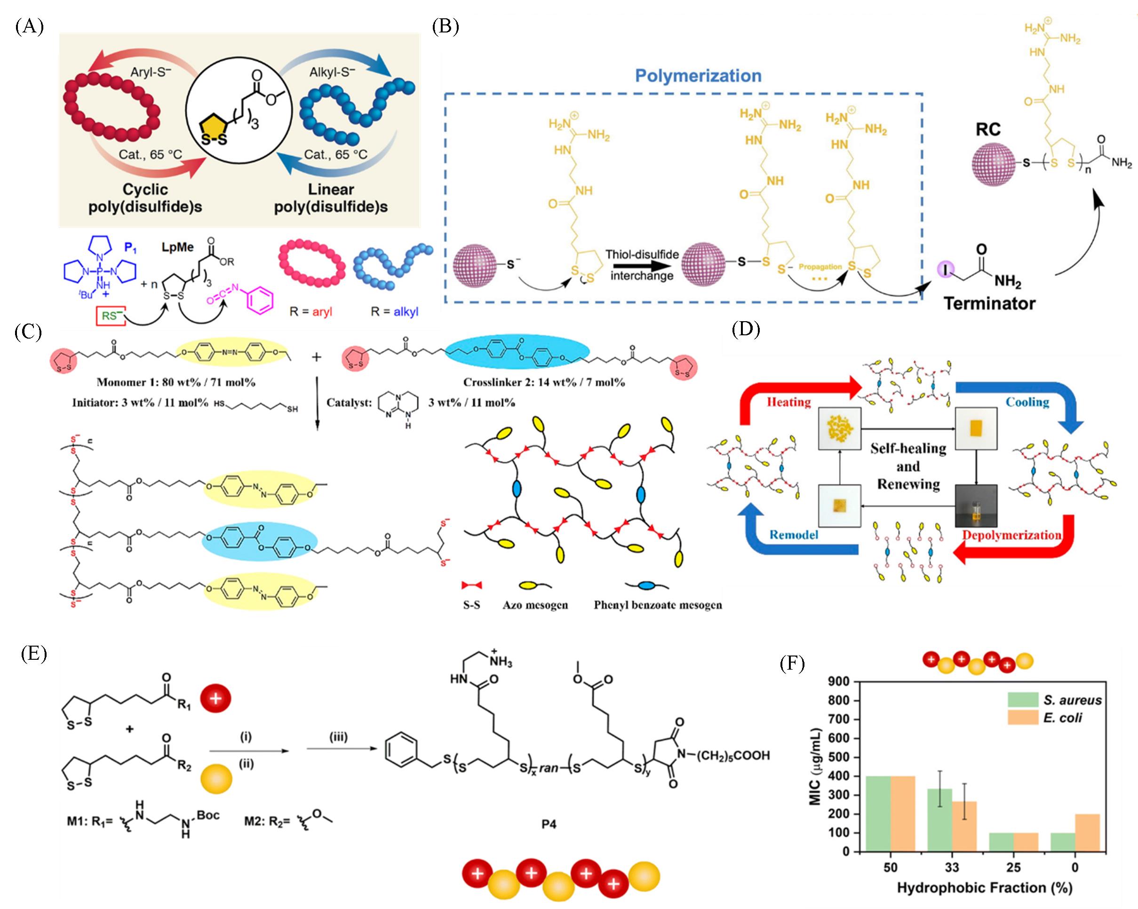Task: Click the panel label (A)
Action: (29, 26)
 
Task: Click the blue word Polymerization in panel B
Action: (698, 76)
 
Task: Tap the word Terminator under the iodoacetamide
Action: (989, 304)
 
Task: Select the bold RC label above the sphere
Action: (988, 130)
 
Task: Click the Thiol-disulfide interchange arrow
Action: (641, 265)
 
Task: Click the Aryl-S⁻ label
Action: (151, 72)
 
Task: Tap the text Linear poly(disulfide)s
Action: (331, 198)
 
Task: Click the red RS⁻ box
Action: (110, 316)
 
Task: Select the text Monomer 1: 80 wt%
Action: (176, 382)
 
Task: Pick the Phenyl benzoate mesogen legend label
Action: (658, 605)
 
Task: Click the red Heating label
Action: (788, 402)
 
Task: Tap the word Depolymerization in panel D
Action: (1011, 535)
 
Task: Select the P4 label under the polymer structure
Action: (549, 823)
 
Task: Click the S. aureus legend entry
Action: (1072, 700)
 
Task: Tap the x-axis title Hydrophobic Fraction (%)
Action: (985, 888)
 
